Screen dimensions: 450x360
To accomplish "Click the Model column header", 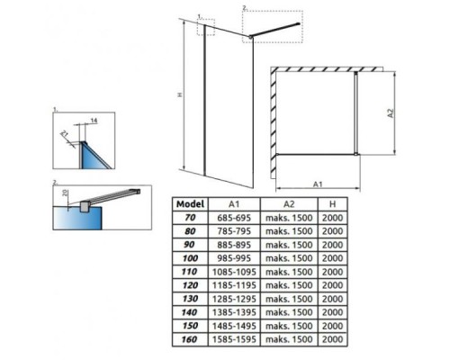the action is click(x=190, y=204).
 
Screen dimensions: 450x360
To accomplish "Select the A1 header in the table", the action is click(x=234, y=204).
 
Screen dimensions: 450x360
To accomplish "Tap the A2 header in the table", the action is click(x=289, y=204).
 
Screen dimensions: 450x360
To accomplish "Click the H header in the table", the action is click(x=332, y=204).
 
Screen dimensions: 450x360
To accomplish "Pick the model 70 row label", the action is click(x=190, y=218).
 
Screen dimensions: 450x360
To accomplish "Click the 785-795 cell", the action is click(x=234, y=231).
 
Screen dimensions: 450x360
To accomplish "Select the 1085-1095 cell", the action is click(x=234, y=272).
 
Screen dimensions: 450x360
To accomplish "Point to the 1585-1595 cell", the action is click(x=234, y=339).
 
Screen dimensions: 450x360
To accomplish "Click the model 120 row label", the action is click(x=190, y=285).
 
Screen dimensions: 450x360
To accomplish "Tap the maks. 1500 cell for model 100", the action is click(x=289, y=258).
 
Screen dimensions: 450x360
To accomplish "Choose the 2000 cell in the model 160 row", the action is click(x=332, y=339).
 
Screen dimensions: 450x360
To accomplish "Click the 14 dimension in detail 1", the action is click(x=94, y=121).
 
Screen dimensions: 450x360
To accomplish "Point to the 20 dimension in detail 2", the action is click(x=66, y=193).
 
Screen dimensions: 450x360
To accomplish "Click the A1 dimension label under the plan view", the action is click(x=318, y=184).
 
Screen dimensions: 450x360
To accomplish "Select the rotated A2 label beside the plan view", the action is click(x=391, y=113).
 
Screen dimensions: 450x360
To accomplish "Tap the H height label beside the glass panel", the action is click(x=180, y=94).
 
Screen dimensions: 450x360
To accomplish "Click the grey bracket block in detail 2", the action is click(x=85, y=206).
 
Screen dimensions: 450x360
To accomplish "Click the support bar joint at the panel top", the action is click(x=250, y=37).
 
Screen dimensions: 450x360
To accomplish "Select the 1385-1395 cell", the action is click(x=234, y=312).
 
